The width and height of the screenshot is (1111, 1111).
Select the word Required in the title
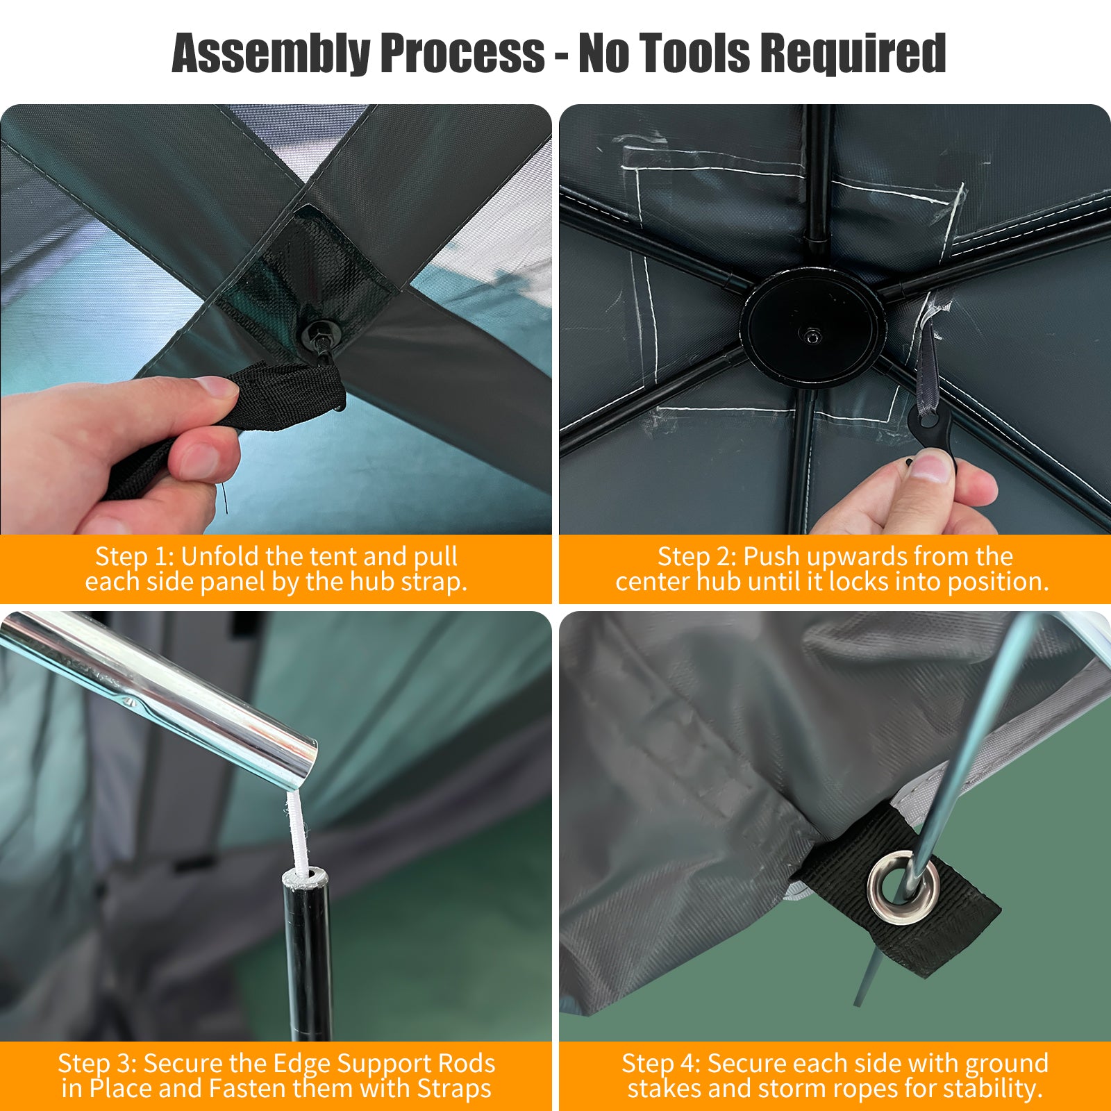tap(852, 53)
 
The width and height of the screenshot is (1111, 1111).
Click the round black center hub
tap(812, 326)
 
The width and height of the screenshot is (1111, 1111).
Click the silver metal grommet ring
tap(903, 887)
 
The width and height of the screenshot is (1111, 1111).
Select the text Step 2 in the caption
tap(697, 557)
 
